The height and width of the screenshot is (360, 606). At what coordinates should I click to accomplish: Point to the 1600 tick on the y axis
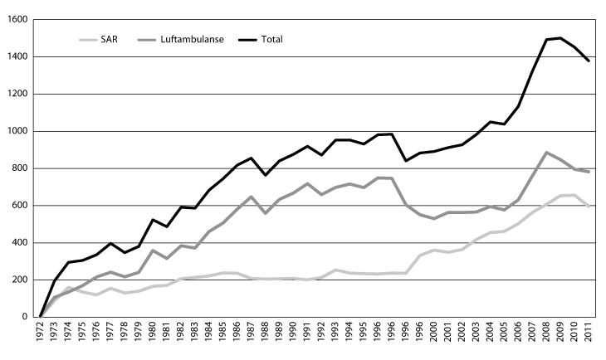click(17, 19)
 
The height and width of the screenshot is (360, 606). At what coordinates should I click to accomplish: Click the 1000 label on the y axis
click(17, 131)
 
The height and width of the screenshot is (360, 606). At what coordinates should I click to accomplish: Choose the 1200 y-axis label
click(17, 94)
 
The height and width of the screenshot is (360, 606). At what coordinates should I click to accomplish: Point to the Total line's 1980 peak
click(153, 220)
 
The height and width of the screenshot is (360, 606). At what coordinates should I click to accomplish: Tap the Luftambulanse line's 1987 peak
click(252, 197)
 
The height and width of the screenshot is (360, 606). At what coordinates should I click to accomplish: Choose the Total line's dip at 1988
click(266, 175)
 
